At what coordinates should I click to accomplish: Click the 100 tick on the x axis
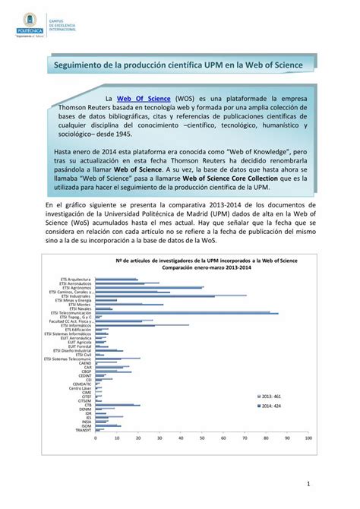pyautogui.click(x=330, y=438)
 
